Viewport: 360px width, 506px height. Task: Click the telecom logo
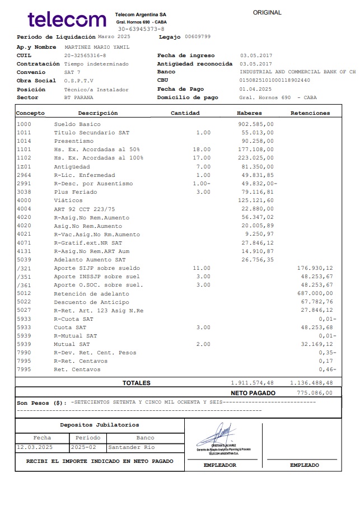coord(67,20)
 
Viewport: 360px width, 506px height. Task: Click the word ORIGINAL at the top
coord(267,12)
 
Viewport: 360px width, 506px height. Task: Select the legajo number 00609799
coord(198,36)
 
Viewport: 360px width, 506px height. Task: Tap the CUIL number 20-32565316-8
coord(85,56)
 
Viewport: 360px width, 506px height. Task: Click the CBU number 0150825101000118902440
coord(274,81)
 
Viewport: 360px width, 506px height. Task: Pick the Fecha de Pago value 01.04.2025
coord(255,89)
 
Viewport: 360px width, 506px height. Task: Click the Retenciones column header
coord(310,113)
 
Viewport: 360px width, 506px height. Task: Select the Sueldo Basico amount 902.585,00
coord(256,124)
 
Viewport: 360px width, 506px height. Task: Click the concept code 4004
coord(24,209)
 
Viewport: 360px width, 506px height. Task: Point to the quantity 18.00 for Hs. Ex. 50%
coord(202,149)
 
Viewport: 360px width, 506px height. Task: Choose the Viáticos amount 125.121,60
coord(256,200)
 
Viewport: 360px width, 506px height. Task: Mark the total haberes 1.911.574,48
coord(253,383)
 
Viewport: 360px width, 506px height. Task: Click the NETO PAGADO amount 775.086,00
coord(314,393)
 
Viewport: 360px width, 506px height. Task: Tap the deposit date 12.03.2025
coord(35,447)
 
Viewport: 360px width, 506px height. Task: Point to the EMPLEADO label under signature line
coord(305,465)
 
